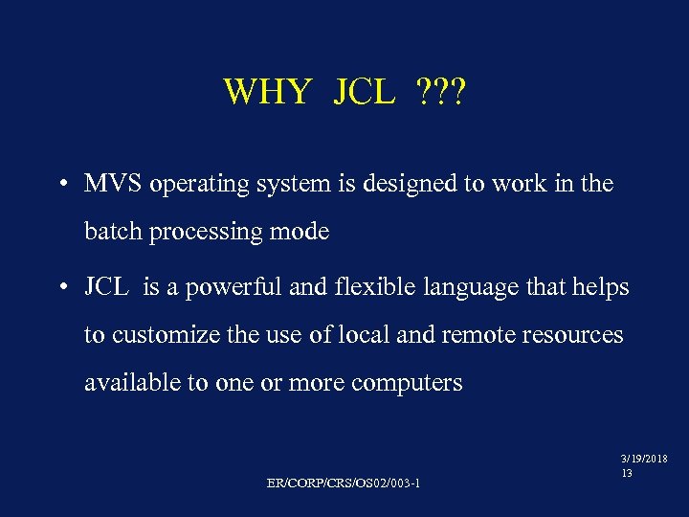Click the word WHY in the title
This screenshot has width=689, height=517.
pos(267,93)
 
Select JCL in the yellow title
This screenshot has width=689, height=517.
pos(365,93)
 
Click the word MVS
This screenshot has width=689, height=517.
pos(113,183)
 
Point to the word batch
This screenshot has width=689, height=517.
pos(111,232)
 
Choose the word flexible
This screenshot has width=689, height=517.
pos(362,287)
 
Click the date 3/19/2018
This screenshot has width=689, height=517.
pos(645,460)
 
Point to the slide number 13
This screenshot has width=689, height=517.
pos(627,473)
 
